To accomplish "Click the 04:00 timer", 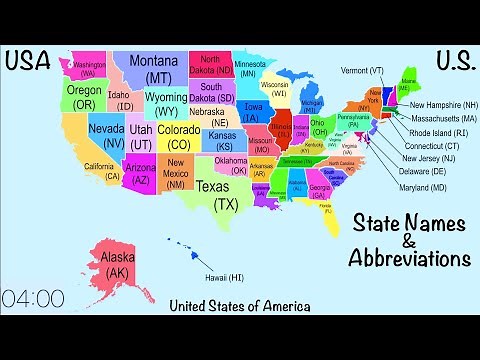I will pyautogui.click(x=33, y=298).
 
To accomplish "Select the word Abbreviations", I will pyautogui.click(x=408, y=258).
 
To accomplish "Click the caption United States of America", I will pyautogui.click(x=239, y=306).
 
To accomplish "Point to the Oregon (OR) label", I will pyautogui.click(x=84, y=96).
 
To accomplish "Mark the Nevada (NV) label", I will pyautogui.click(x=107, y=135).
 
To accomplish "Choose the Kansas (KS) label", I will pyautogui.click(x=224, y=139).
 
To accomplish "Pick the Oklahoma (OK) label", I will pyautogui.click(x=230, y=165).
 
